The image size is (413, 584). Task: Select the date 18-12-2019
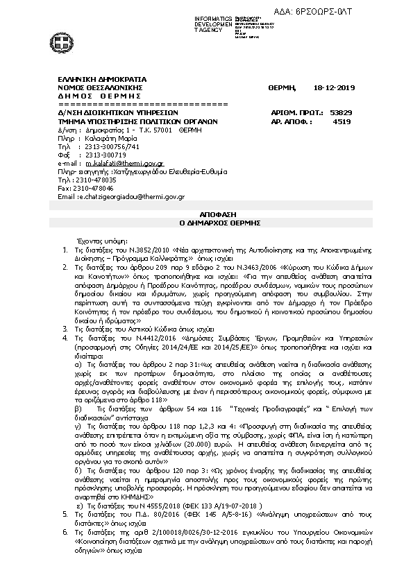pos(334,88)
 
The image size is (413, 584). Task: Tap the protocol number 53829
pos(341,112)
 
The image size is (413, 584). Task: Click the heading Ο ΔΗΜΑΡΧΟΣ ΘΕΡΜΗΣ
pos(206,224)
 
